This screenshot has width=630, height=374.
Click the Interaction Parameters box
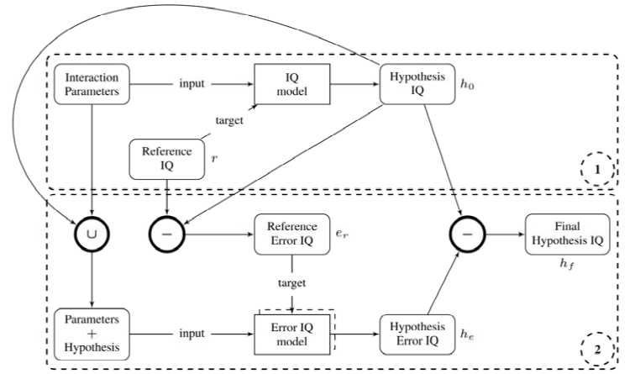(91, 84)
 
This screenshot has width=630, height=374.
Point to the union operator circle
(91, 229)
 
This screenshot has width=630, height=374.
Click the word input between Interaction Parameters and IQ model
(192, 84)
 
